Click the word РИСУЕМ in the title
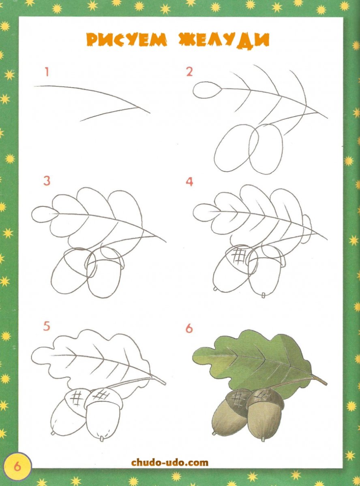(126, 40)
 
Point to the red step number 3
(47, 181)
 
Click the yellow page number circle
(17, 466)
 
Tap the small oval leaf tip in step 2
(207, 90)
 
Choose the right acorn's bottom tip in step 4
(263, 295)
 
